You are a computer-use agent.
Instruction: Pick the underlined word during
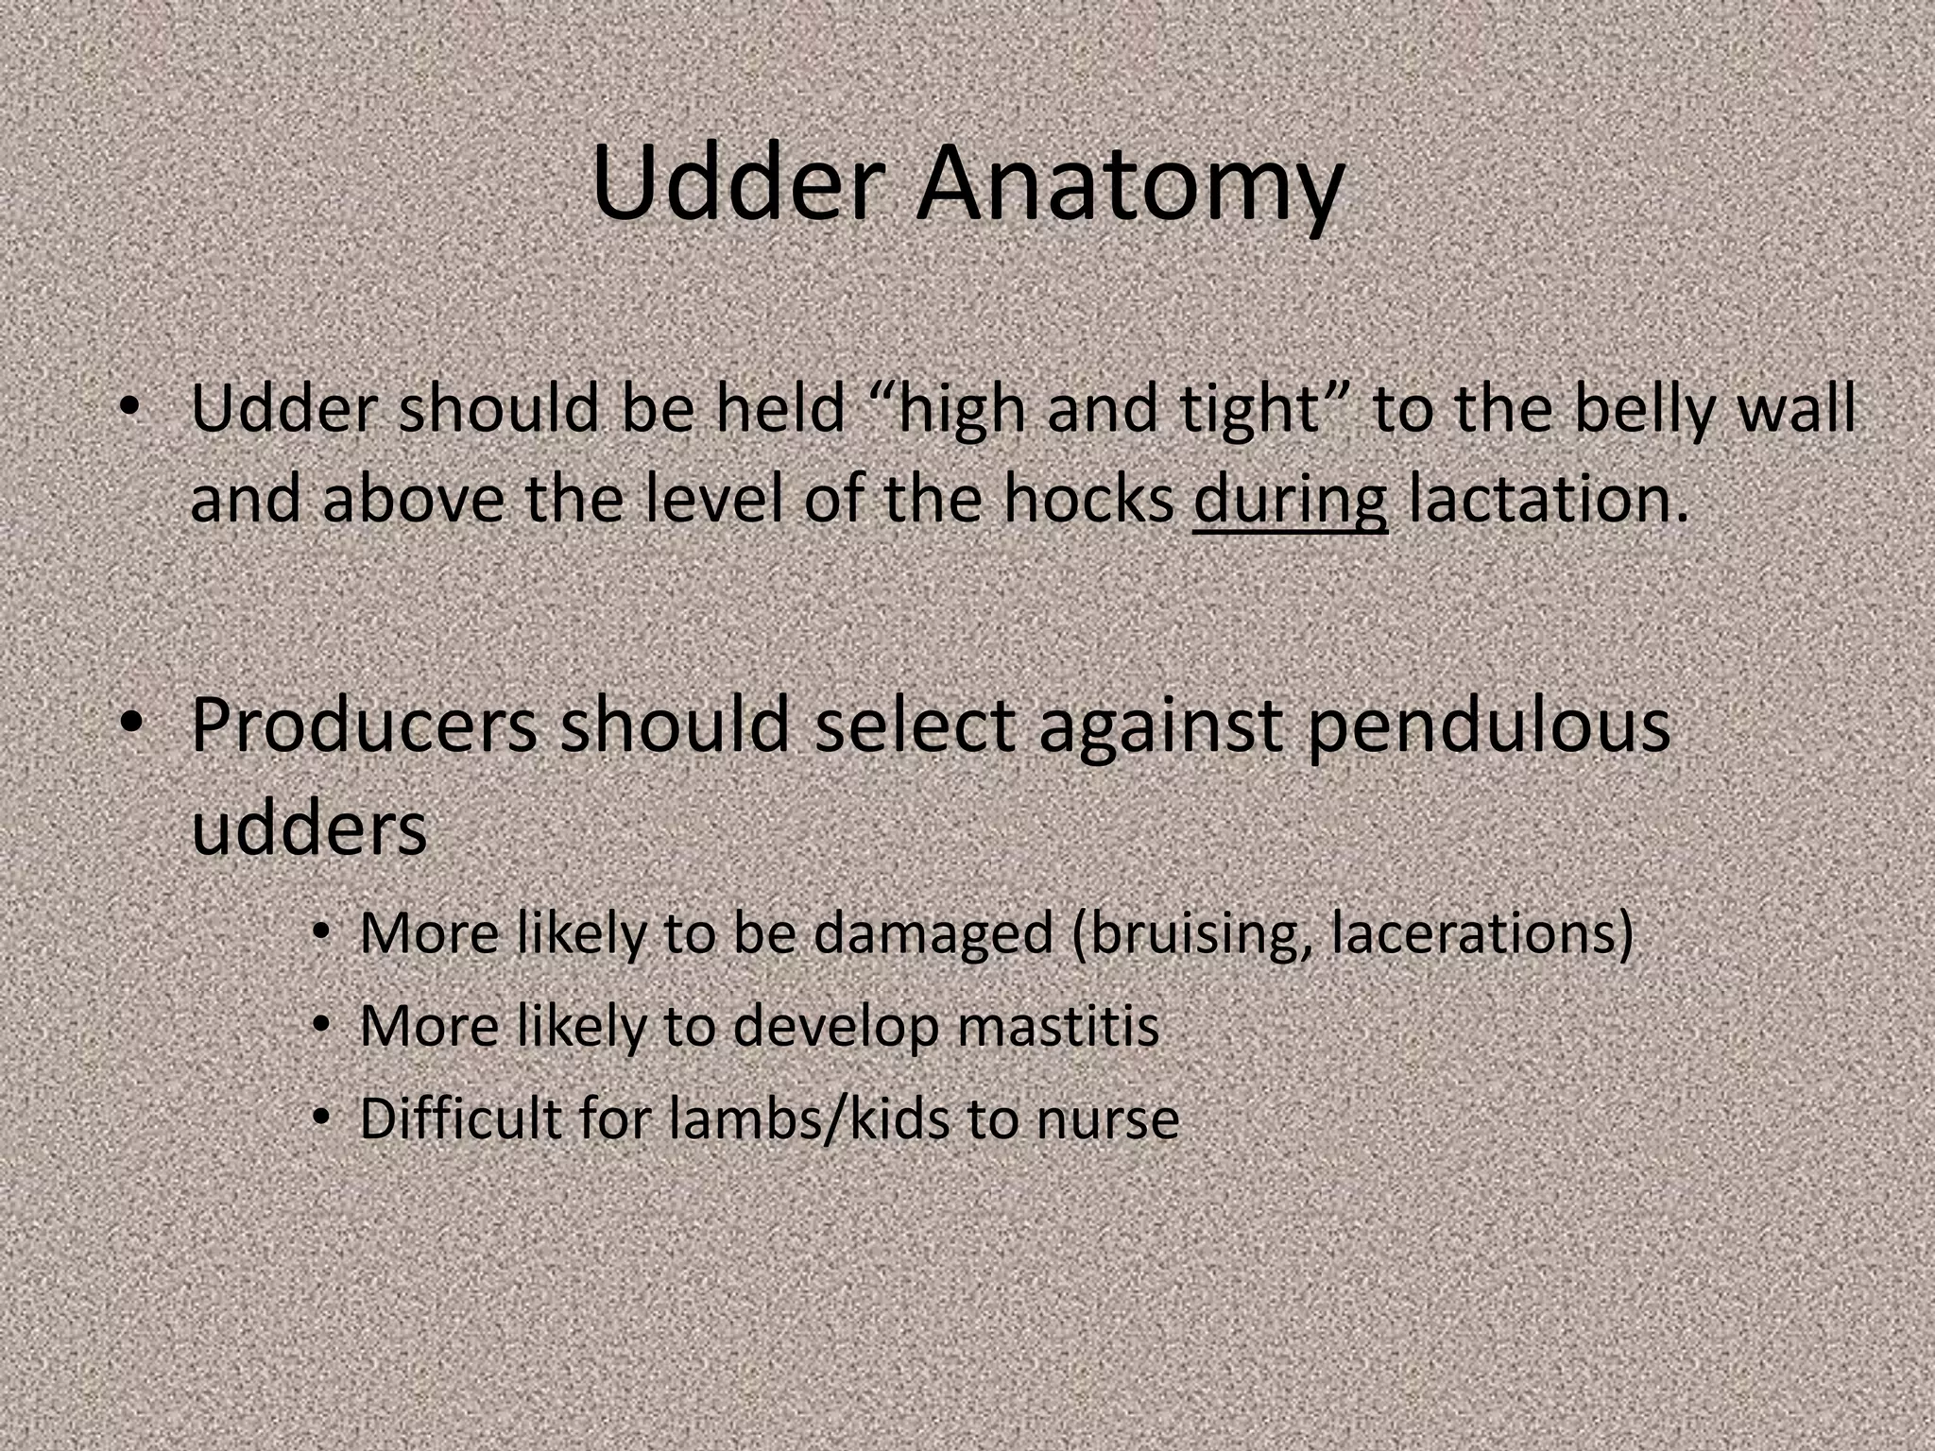tap(1290, 501)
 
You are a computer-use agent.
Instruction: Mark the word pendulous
tap(1488, 727)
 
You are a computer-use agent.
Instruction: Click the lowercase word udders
tap(309, 828)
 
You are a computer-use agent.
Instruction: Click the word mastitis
tap(1057, 1026)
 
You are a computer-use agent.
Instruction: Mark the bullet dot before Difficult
tap(323, 1118)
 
